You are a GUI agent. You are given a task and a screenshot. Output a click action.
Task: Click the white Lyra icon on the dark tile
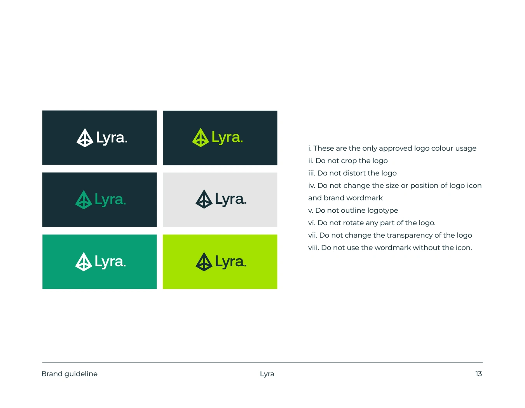pos(85,138)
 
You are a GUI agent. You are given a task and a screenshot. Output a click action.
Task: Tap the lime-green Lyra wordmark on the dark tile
pos(227,137)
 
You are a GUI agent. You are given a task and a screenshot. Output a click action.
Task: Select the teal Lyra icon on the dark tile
pos(84,200)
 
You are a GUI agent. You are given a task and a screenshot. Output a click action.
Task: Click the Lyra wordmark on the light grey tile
pos(230,200)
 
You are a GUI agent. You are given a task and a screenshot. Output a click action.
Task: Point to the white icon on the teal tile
pos(84,262)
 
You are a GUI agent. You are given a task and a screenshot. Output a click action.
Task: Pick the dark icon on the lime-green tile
pos(204,262)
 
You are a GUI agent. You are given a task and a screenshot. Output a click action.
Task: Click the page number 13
pos(478,374)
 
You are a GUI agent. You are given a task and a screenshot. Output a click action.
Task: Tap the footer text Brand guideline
pos(70,374)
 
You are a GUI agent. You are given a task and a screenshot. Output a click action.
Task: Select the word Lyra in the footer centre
pos(267,374)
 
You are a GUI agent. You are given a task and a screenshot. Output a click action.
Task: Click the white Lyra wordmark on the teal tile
pos(110,262)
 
